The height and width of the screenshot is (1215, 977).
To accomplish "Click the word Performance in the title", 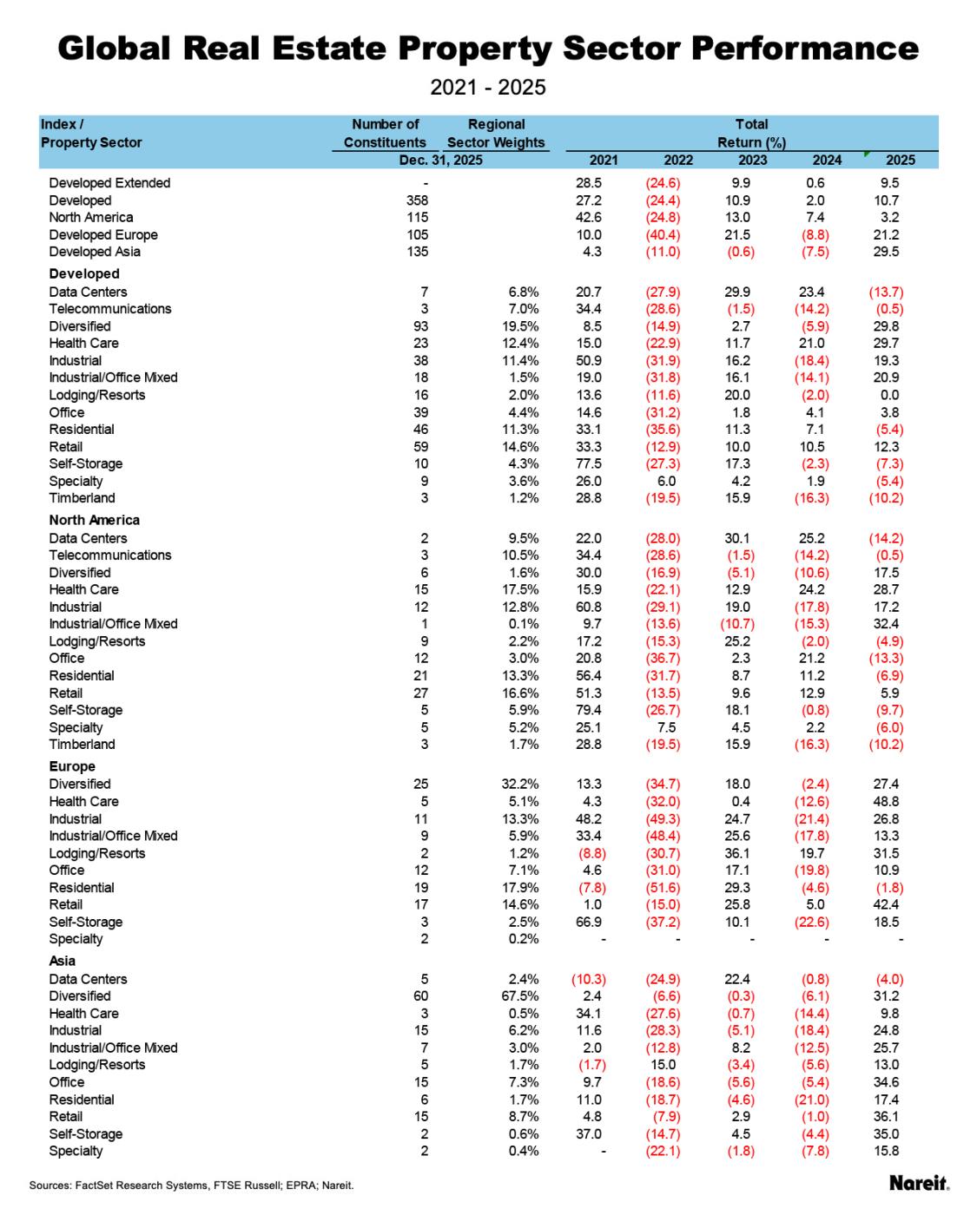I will tap(805, 48).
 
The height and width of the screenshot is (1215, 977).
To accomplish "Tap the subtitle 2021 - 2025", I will tap(488, 88).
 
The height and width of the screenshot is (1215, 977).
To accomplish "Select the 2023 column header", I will tap(752, 160).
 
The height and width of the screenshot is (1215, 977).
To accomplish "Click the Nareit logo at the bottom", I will tap(919, 1183).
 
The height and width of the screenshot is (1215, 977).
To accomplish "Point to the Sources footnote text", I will tap(191, 1185).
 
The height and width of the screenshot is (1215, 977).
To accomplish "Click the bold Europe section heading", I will tap(72, 766).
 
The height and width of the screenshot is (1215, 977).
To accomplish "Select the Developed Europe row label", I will tap(103, 234).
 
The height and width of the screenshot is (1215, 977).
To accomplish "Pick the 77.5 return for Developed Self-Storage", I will tap(588, 463).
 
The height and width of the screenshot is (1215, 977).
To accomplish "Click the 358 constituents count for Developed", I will tap(418, 200).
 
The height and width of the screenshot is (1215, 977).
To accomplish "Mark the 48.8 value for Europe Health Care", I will tap(886, 801).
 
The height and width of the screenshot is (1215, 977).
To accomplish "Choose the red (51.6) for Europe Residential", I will tap(662, 888).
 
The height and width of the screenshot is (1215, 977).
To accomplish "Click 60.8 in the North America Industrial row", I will tap(588, 607).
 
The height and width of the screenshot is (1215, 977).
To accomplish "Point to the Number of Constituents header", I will tap(385, 133).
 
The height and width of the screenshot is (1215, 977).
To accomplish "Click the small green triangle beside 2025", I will tap(867, 154).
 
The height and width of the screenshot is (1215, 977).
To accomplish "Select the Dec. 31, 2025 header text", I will tap(440, 160).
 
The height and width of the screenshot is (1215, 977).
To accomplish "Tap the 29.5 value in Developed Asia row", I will tap(886, 252).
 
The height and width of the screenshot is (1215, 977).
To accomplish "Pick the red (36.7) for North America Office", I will tap(662, 658).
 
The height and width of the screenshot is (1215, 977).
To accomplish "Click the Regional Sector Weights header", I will tap(496, 133).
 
